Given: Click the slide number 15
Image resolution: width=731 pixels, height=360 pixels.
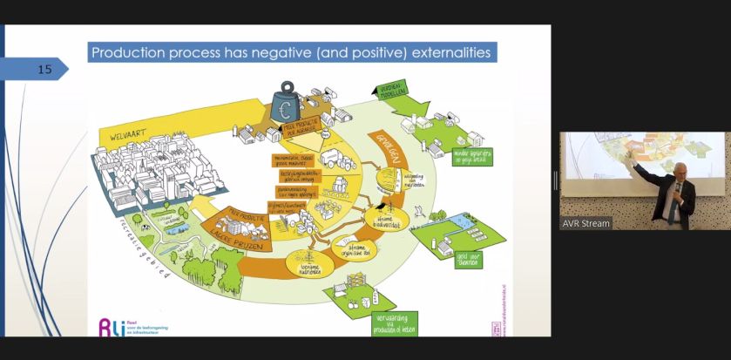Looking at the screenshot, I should tap(44, 69).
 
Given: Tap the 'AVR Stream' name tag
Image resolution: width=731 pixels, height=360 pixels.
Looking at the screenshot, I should tap(585, 223).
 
